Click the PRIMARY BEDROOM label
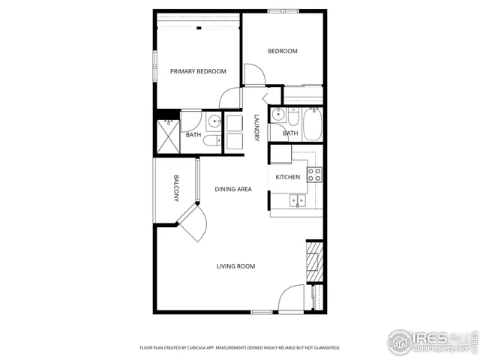tap(198, 71)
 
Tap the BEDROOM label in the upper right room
tap(283, 51)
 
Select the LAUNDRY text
tap(256, 127)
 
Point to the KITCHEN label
tap(288, 178)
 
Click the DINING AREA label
tap(232, 189)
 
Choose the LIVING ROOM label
tap(235, 266)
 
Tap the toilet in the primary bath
tap(214, 139)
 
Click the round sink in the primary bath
tap(214, 120)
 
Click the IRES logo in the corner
tap(430, 340)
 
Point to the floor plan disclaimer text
tap(240, 348)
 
